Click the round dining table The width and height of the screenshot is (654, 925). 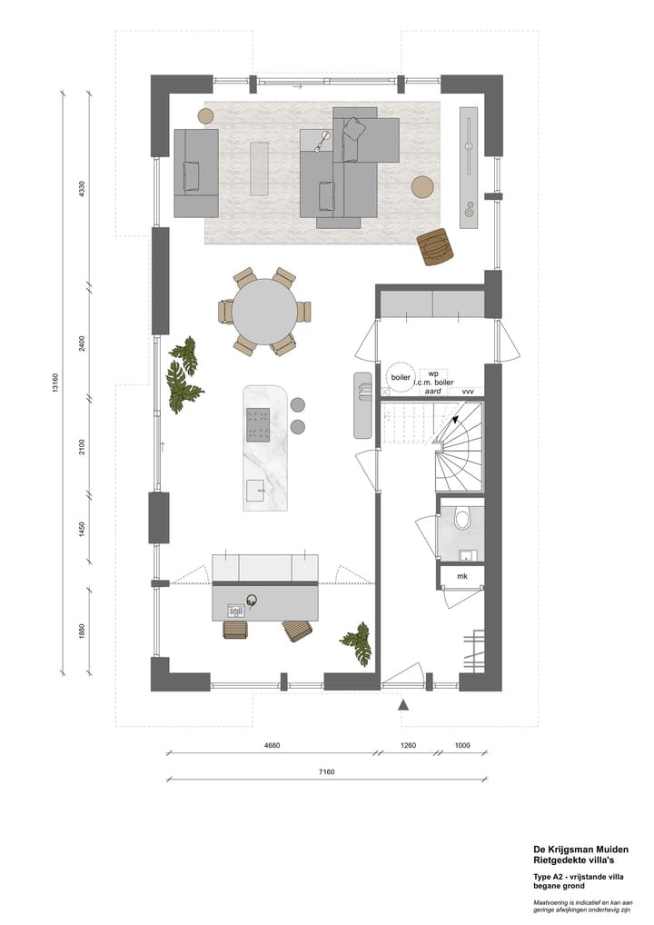tap(263, 312)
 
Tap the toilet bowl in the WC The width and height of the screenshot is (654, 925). tap(461, 519)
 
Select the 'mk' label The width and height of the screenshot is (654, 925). tap(461, 576)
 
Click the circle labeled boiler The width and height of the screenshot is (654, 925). tap(400, 377)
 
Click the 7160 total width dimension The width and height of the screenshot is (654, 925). tap(326, 772)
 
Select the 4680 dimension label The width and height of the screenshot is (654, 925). tap(272, 746)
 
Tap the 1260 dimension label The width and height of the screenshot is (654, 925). tap(408, 746)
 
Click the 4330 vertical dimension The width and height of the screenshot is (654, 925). tap(82, 190)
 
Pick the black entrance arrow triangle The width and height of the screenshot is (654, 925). tap(403, 704)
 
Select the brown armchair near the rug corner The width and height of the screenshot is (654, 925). tap(436, 246)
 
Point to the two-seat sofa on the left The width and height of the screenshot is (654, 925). tap(195, 173)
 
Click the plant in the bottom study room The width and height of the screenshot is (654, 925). tap(357, 643)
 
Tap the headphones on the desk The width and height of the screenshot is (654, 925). tap(251, 600)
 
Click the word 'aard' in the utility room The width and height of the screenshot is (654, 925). tap(433, 391)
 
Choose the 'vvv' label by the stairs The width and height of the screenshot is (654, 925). tap(469, 391)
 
